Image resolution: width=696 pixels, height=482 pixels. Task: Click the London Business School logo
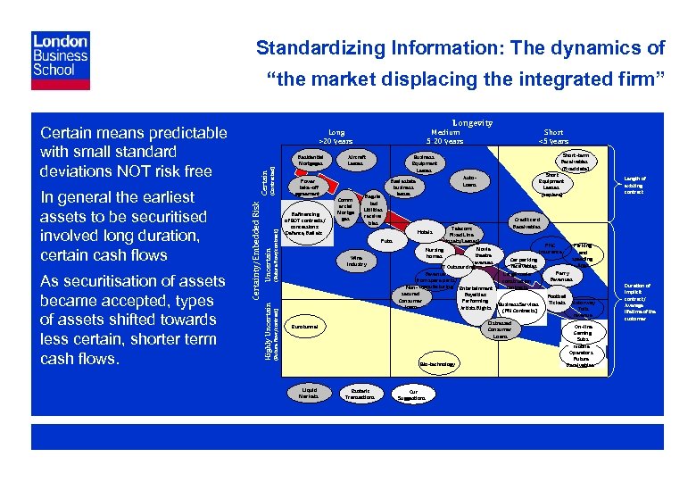60,60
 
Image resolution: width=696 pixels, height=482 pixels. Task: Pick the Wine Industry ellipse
357,260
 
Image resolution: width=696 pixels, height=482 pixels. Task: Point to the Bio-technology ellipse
436,364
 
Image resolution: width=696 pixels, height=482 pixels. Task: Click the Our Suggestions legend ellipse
412,393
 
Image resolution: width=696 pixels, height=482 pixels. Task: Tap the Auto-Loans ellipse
469,182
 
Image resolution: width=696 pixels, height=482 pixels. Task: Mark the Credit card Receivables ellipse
533,222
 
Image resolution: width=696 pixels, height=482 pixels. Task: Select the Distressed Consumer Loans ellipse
500,331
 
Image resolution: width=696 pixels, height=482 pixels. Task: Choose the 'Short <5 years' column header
553,136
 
